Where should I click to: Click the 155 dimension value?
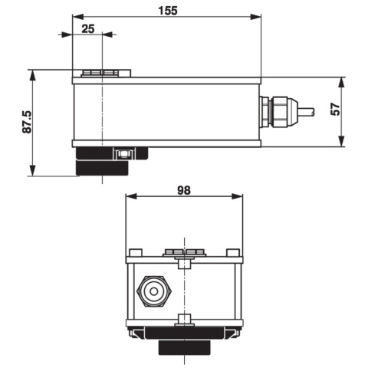[168, 11]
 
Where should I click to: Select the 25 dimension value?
[88, 28]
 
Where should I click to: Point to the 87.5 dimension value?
[27, 122]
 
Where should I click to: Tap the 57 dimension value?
[336, 109]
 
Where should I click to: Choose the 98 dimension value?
[184, 190]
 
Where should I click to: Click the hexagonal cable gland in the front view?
[154, 291]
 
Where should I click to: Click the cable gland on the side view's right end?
[278, 111]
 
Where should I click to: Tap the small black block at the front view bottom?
[184, 348]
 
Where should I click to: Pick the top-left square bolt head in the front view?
[136, 252]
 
